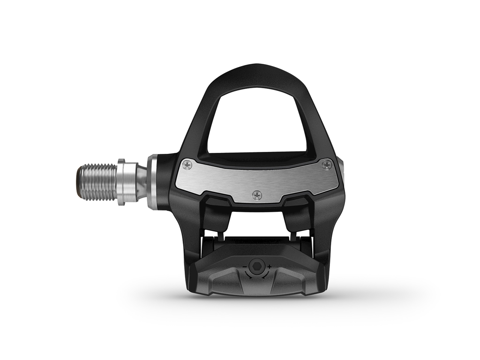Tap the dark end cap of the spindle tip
tap(77, 182)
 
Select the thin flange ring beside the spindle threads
tap(121, 182)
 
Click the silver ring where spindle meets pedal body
tap(152, 182)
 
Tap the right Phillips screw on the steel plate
tap(327, 165)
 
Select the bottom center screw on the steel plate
tap(256, 195)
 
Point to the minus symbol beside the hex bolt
tap(245, 267)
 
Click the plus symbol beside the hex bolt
tap(270, 267)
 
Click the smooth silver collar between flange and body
tap(136, 182)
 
